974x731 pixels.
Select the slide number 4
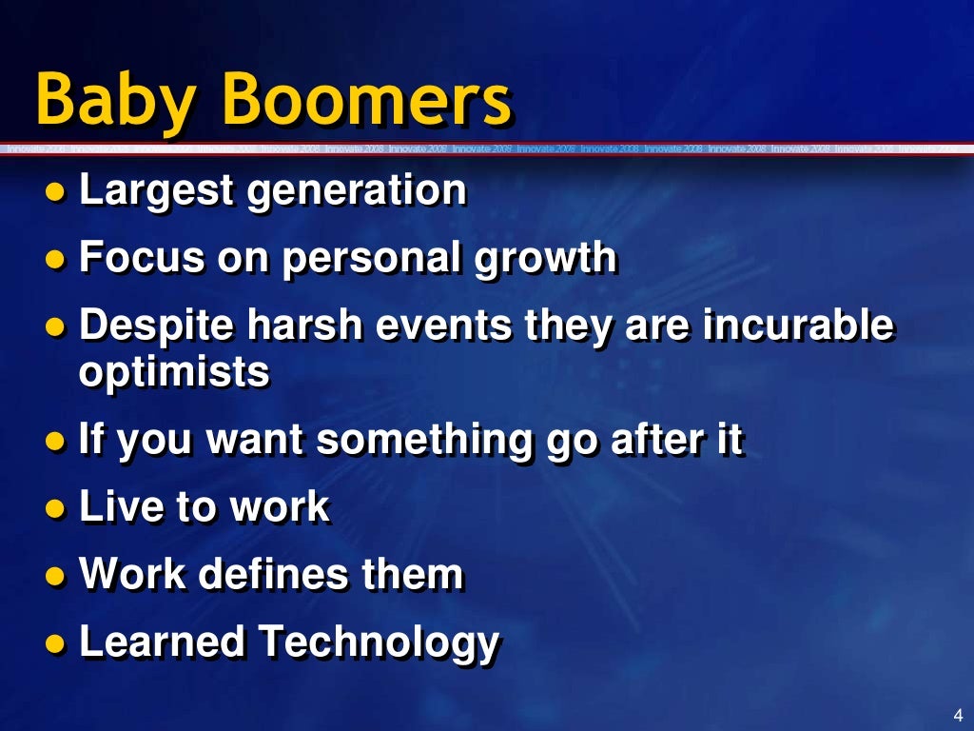tap(957, 715)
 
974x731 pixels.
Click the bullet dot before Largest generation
tap(58, 191)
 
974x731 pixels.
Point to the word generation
tap(357, 191)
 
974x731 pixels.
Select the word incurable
tap(799, 326)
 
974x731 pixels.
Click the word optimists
tap(174, 372)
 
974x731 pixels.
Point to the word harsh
tap(305, 326)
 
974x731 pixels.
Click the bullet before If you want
tap(58, 442)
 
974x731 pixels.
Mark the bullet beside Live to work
tap(58, 508)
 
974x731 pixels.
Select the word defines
tap(271, 574)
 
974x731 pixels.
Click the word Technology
tap(380, 642)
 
